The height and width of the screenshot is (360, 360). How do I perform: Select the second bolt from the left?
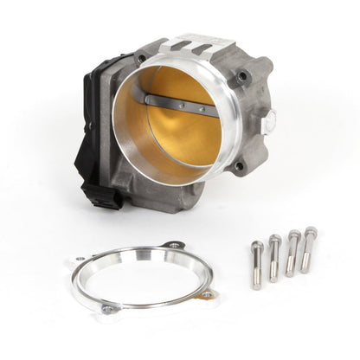(x=273, y=257)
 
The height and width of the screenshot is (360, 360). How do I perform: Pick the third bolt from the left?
(x=292, y=252)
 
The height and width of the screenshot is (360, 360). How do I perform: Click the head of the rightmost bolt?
(x=311, y=233)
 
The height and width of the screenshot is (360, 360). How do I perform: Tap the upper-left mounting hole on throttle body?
(x=140, y=59)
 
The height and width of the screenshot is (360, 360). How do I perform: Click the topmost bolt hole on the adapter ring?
(x=173, y=246)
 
